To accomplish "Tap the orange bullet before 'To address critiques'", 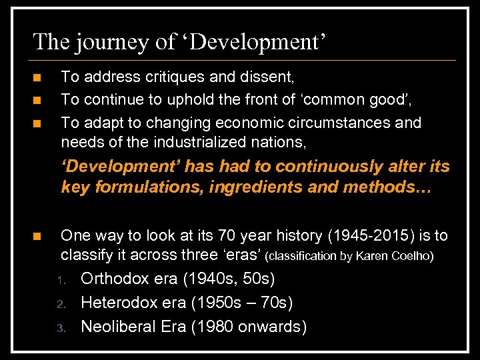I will (37, 78).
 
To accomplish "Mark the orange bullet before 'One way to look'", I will (37, 236).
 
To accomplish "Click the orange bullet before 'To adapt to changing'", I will (37, 123).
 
